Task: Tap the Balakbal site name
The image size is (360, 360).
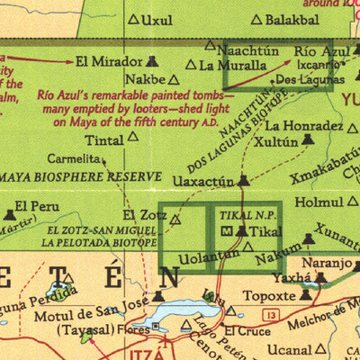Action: [292, 19]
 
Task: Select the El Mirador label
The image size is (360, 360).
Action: [109, 62]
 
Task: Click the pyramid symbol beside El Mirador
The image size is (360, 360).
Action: [151, 62]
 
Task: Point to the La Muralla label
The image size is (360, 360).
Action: [232, 65]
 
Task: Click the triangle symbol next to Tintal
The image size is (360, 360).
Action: [133, 137]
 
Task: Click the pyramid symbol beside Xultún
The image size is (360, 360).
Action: [309, 140]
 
